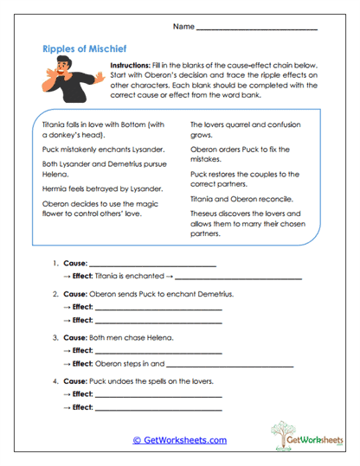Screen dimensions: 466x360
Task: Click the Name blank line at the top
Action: tap(257, 30)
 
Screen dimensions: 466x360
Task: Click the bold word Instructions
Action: tap(131, 66)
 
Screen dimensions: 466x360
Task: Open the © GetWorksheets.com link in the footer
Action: tap(180, 440)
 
